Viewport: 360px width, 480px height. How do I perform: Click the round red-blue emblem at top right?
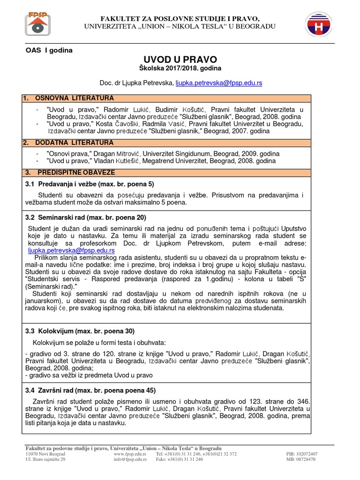pyautogui.click(x=321, y=24)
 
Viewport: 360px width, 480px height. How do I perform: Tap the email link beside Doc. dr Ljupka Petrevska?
pyautogui.click(x=219, y=82)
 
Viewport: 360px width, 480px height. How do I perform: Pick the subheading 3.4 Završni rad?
pyautogui.click(x=90, y=390)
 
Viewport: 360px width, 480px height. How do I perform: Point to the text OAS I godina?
pyautogui.click(x=49, y=50)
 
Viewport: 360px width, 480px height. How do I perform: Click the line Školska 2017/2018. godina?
pyautogui.click(x=180, y=68)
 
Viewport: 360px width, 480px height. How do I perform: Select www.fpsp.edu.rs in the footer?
pyautogui.click(x=130, y=454)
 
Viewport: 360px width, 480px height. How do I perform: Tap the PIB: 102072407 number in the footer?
pyautogui.click(x=301, y=454)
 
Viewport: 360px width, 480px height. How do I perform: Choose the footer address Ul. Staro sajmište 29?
pyautogui.click(x=45, y=459)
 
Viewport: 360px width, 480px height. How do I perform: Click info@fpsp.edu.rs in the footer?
pyautogui.click(x=130, y=459)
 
